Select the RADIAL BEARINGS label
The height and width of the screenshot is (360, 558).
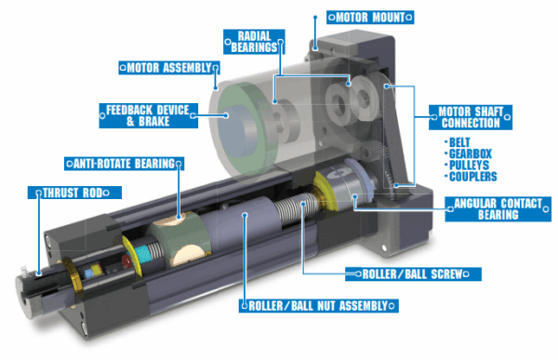[251, 41]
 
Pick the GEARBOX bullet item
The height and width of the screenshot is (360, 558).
[470, 153]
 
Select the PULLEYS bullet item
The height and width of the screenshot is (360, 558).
[471, 165]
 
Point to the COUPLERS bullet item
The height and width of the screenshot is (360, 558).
[472, 176]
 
